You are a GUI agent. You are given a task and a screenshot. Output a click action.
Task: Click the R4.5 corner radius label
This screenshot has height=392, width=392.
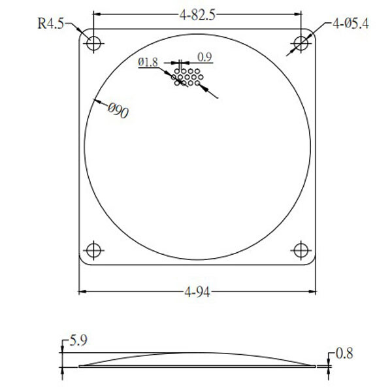(51, 24)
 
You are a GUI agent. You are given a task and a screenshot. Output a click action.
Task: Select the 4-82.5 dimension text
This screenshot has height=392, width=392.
(197, 15)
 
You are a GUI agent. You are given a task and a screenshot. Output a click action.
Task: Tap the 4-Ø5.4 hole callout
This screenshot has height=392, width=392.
(350, 24)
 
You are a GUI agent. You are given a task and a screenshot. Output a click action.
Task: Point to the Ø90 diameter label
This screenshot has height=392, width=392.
(118, 110)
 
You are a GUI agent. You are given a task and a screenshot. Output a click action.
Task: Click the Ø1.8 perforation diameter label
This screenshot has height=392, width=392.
(148, 62)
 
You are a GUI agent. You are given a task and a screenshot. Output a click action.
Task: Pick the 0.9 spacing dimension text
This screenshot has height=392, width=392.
(204, 57)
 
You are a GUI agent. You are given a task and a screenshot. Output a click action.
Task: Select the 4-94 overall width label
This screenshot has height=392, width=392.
(197, 291)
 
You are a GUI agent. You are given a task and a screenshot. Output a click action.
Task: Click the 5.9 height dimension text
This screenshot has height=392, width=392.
(78, 340)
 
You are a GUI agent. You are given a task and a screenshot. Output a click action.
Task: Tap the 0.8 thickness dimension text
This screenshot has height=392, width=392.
(344, 353)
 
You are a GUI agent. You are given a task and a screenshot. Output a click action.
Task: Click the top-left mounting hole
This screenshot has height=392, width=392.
(93, 43)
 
